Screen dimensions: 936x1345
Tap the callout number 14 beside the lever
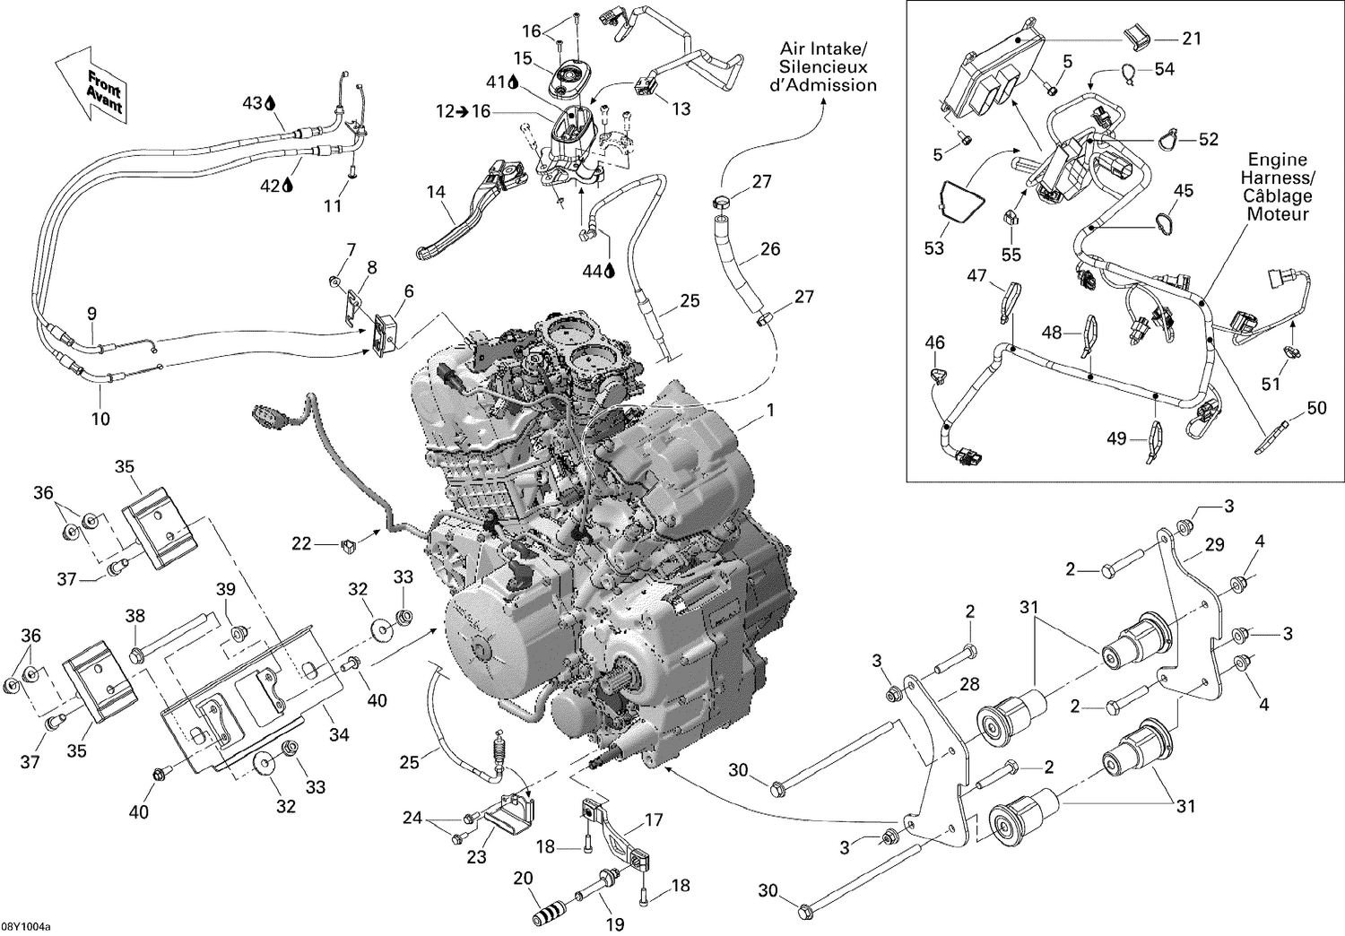(436, 191)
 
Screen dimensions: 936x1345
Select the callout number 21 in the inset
(1191, 39)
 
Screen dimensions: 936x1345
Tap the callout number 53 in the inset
(934, 247)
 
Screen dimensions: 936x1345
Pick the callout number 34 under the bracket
(338, 735)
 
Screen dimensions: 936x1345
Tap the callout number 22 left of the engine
(301, 543)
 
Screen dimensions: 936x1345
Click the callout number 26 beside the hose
(769, 249)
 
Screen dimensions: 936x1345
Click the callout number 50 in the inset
(1316, 408)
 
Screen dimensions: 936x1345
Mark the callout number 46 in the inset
(934, 342)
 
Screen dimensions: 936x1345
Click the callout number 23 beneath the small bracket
(476, 857)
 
